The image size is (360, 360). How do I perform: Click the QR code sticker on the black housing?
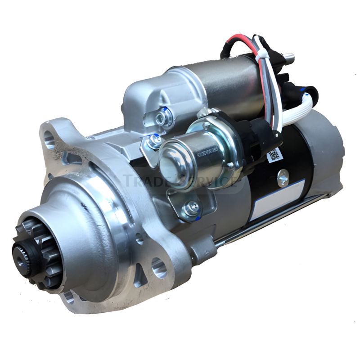[x=274, y=155]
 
